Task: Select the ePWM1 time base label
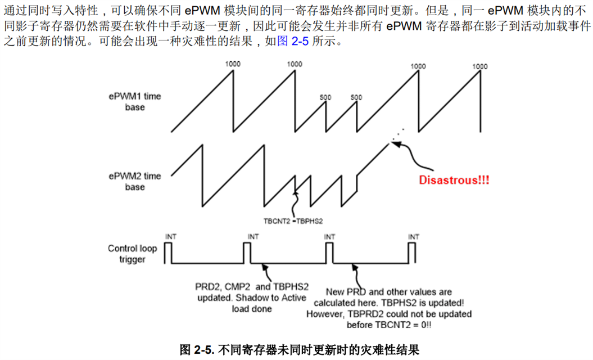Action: click(134, 101)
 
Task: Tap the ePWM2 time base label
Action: click(134, 181)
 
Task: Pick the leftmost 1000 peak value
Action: click(233, 64)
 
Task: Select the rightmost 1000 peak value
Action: click(479, 66)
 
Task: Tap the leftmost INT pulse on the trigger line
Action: click(168, 253)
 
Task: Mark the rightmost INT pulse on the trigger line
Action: click(414, 253)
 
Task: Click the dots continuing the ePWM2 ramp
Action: click(397, 133)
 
